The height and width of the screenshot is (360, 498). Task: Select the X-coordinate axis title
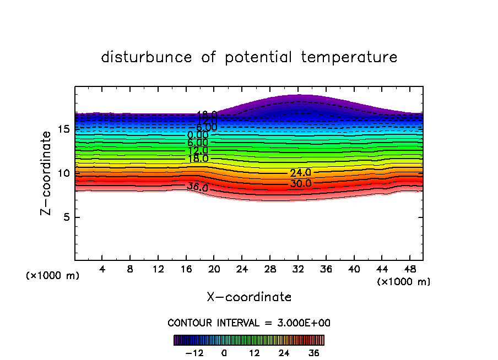click(x=249, y=297)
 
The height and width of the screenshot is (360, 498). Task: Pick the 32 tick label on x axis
click(x=298, y=270)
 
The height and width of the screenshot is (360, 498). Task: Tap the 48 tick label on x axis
click(x=409, y=270)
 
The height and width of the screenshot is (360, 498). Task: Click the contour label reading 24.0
click(x=300, y=173)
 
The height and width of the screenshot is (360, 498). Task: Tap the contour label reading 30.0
click(x=301, y=184)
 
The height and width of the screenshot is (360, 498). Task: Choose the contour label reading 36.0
click(x=197, y=188)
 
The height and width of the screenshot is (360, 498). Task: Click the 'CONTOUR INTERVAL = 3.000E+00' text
click(x=249, y=323)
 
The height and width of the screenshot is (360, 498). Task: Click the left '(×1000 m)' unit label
click(x=53, y=275)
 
